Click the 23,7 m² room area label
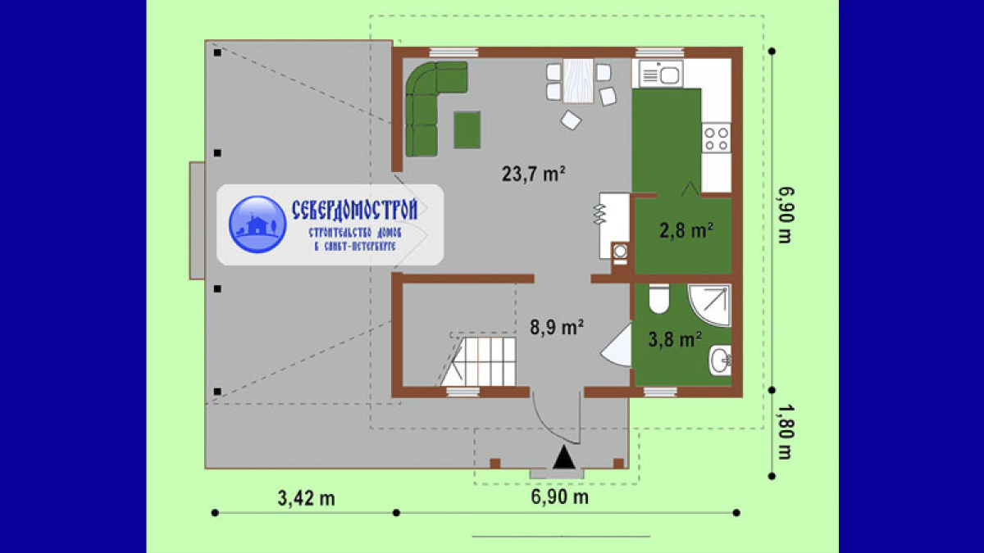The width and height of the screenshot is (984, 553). [x=533, y=175]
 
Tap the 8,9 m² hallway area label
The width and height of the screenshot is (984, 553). [x=557, y=327]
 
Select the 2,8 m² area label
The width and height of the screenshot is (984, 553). [x=686, y=230]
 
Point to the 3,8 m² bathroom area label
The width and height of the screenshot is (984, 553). [x=675, y=339]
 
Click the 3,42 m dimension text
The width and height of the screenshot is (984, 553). [x=306, y=498]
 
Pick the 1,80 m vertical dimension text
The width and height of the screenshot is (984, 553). [x=785, y=432]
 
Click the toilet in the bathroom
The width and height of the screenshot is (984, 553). [x=659, y=298]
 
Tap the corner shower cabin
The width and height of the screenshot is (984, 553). [x=709, y=305]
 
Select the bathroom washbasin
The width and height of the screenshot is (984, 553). [x=721, y=360]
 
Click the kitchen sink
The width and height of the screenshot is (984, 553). [x=661, y=74]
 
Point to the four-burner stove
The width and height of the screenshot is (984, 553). [x=717, y=138]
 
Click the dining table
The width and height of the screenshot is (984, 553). [x=578, y=81]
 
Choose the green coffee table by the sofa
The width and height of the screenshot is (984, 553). [x=467, y=130]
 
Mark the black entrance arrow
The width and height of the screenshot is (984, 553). [x=564, y=457]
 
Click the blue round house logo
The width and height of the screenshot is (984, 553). [x=257, y=224]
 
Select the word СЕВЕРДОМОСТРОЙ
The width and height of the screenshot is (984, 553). [x=354, y=210]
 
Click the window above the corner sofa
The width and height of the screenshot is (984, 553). [x=453, y=52]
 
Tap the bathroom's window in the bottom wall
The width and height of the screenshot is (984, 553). [x=660, y=392]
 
